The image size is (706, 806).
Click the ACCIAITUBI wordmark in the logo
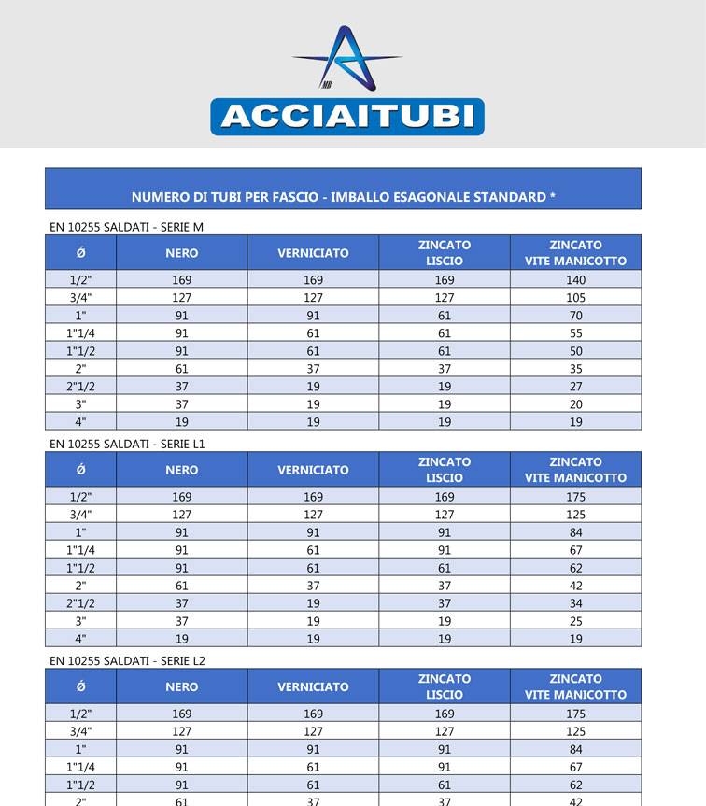click(x=346, y=117)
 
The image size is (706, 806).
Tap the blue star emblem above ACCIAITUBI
click(x=346, y=58)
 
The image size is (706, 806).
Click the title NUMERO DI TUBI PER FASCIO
click(x=343, y=197)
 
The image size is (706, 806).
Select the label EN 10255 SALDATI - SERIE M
click(x=126, y=227)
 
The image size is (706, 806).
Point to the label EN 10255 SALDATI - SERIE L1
click(x=127, y=444)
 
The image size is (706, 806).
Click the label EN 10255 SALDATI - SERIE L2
click(x=127, y=660)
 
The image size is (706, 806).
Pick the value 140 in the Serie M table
click(x=575, y=280)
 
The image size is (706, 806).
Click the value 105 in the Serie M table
click(x=575, y=298)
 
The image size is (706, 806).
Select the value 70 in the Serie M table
click(x=575, y=316)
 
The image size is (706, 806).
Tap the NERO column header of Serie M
click(x=182, y=253)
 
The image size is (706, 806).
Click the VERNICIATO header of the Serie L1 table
click(x=313, y=470)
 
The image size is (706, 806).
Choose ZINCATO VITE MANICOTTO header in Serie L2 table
click(x=575, y=686)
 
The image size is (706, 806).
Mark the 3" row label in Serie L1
click(x=80, y=621)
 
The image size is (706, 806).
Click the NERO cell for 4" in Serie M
click(x=182, y=422)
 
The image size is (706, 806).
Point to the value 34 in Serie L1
click(x=575, y=603)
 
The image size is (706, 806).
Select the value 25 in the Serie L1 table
click(x=575, y=621)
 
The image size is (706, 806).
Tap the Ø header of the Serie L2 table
click(x=80, y=686)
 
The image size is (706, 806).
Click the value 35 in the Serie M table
click(x=575, y=369)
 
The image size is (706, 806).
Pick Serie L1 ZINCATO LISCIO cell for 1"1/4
click(x=445, y=550)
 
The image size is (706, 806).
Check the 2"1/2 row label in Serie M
click(x=80, y=387)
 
